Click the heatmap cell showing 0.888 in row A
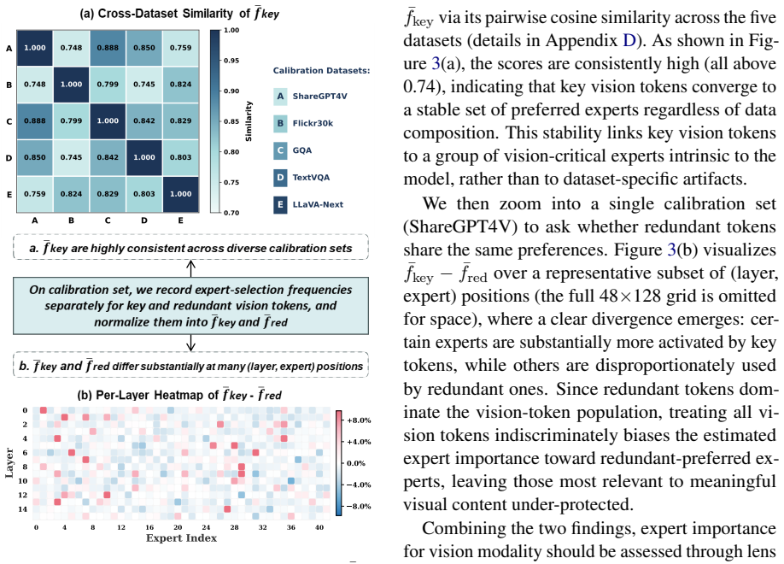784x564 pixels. [108, 48]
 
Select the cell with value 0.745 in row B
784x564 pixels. [144, 84]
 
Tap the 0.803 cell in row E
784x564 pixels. [144, 194]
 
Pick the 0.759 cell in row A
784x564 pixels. [180, 48]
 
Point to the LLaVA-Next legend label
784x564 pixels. [318, 204]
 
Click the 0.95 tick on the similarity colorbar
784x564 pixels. [231, 61]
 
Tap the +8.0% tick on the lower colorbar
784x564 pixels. [359, 420]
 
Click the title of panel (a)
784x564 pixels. [179, 14]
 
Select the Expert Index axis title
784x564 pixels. [182, 538]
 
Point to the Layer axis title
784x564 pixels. [9, 463]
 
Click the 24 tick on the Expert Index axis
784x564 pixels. [206, 527]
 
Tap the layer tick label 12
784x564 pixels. [23, 495]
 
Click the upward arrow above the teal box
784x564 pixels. [190, 268]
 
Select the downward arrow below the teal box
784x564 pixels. [190, 343]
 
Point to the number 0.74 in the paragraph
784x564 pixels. [422, 86]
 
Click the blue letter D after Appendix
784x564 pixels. [629, 40]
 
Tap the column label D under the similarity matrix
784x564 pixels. [144, 220]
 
